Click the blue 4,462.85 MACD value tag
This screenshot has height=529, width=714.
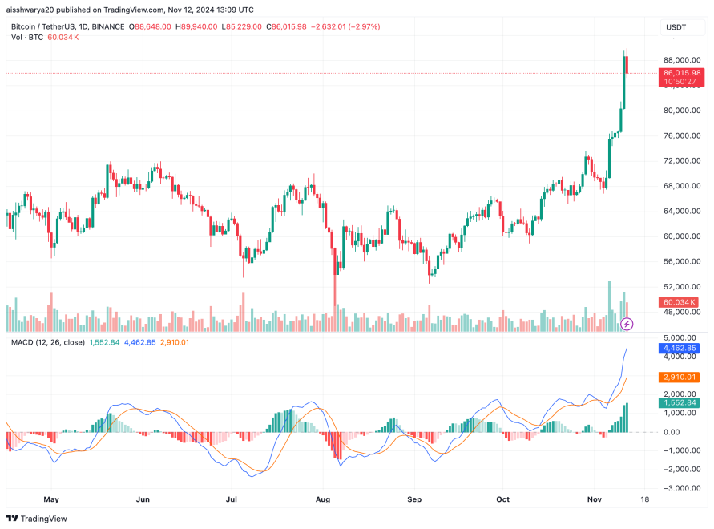(x=680, y=349)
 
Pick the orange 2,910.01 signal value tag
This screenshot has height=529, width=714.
(x=680, y=377)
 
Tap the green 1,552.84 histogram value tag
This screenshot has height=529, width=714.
(x=680, y=403)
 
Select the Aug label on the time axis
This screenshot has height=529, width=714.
(x=323, y=498)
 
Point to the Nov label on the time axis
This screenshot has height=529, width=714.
(x=594, y=498)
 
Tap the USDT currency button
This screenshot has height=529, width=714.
(x=676, y=27)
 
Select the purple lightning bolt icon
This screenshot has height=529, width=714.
(x=627, y=324)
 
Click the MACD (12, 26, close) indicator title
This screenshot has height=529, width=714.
(x=48, y=342)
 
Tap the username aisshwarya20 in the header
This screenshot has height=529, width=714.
(x=32, y=10)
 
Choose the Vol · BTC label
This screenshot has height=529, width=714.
(x=26, y=37)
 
